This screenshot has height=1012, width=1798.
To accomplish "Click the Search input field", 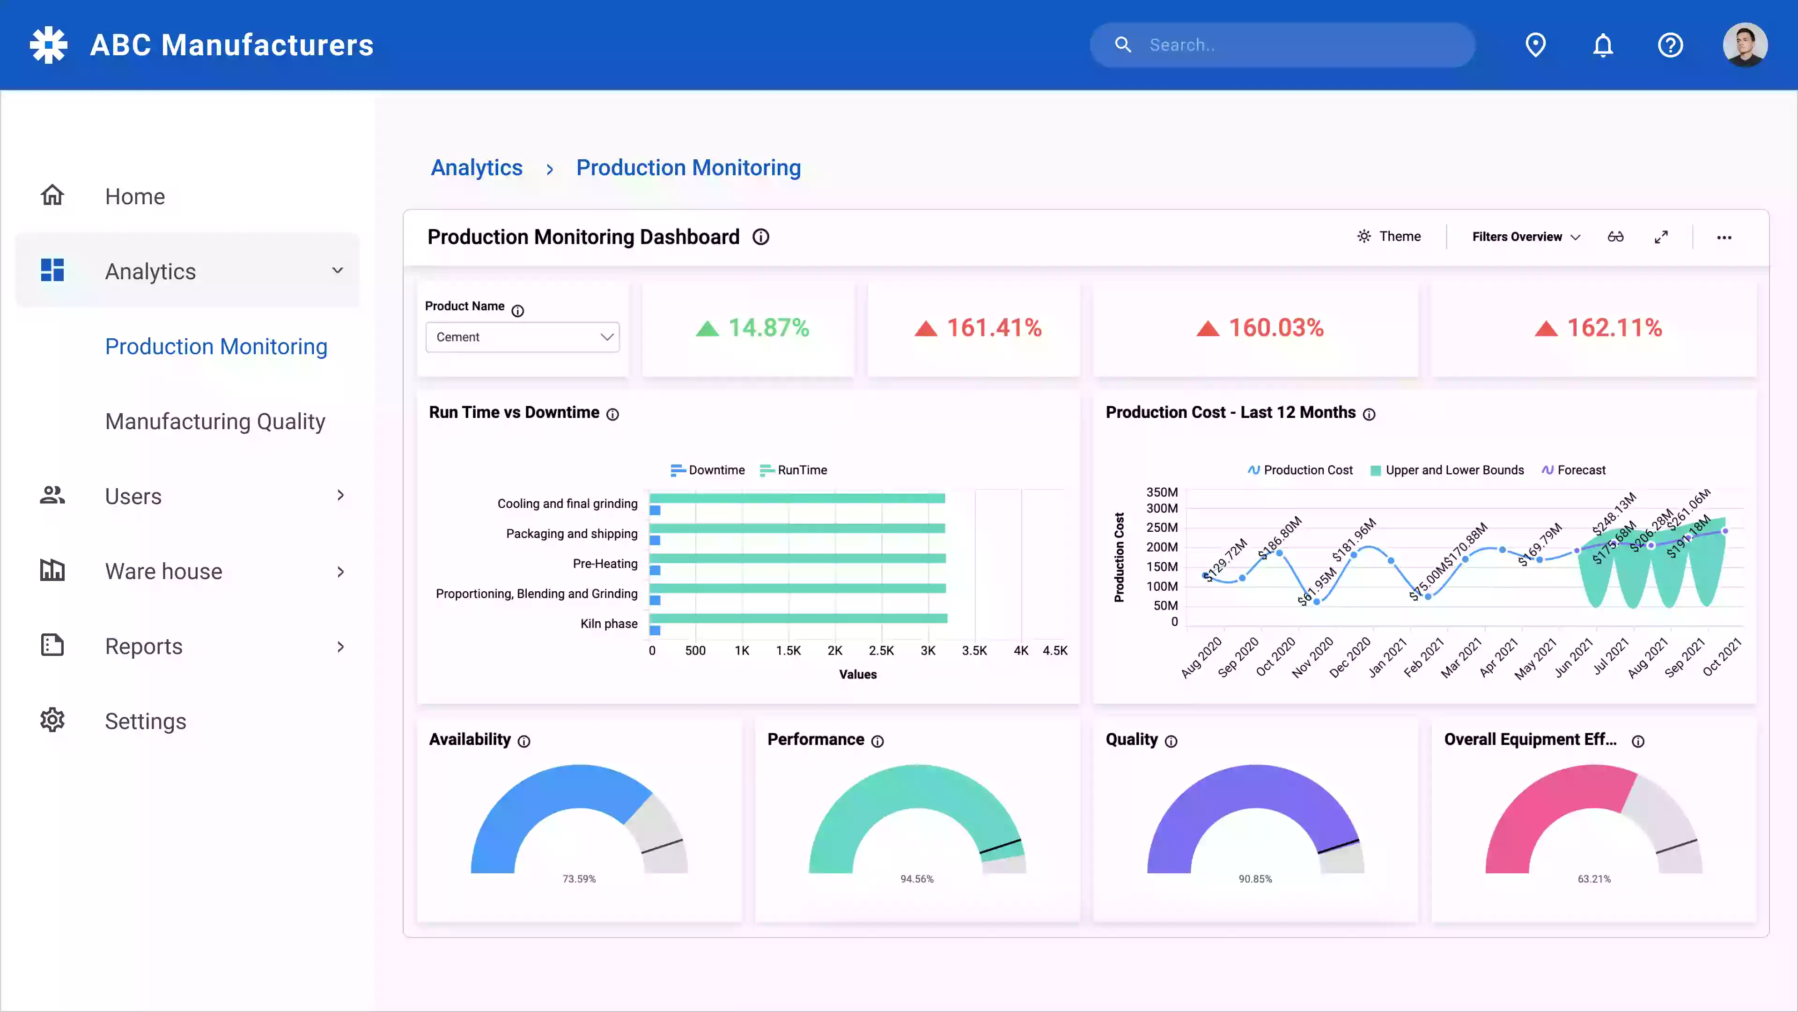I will tap(1291, 45).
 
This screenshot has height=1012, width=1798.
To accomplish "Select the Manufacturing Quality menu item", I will tap(215, 421).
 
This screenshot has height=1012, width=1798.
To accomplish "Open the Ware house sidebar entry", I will tap(163, 571).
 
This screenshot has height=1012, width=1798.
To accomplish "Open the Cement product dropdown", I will tap(522, 337).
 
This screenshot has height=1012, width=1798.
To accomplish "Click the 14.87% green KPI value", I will tap(768, 327).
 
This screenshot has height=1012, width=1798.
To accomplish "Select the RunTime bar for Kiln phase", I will tap(798, 618).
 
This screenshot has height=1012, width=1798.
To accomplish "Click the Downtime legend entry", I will tap(708, 470).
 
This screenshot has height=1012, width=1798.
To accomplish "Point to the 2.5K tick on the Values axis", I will tap(881, 650).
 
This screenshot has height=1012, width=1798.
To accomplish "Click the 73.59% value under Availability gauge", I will tap(579, 878).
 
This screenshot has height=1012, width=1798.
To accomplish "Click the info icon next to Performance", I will tap(877, 741).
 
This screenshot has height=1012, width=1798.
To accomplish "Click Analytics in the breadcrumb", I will tap(477, 168).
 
